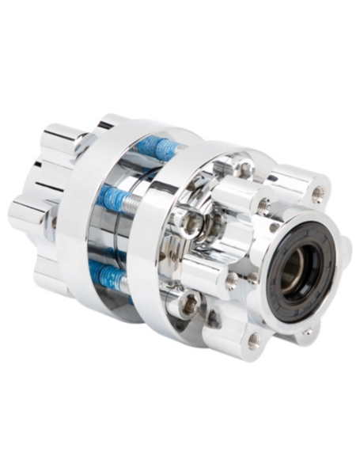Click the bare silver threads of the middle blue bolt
136,205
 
